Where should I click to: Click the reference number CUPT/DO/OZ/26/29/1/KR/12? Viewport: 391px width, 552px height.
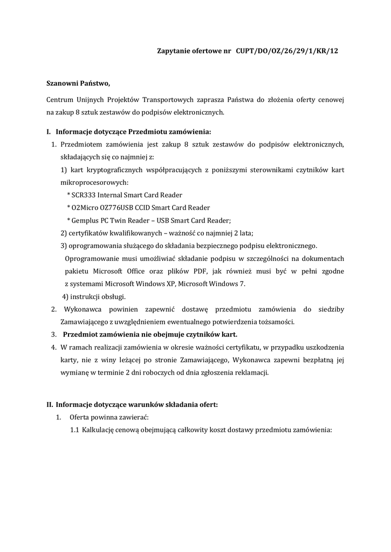(x=287, y=51)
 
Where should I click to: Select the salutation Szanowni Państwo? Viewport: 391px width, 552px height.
(x=78, y=83)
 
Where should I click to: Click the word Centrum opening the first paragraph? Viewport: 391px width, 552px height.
(x=60, y=100)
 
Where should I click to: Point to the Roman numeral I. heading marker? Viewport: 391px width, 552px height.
(x=48, y=132)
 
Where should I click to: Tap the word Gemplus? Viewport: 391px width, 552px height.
(x=87, y=220)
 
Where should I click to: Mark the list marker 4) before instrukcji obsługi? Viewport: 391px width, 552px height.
(x=65, y=296)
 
